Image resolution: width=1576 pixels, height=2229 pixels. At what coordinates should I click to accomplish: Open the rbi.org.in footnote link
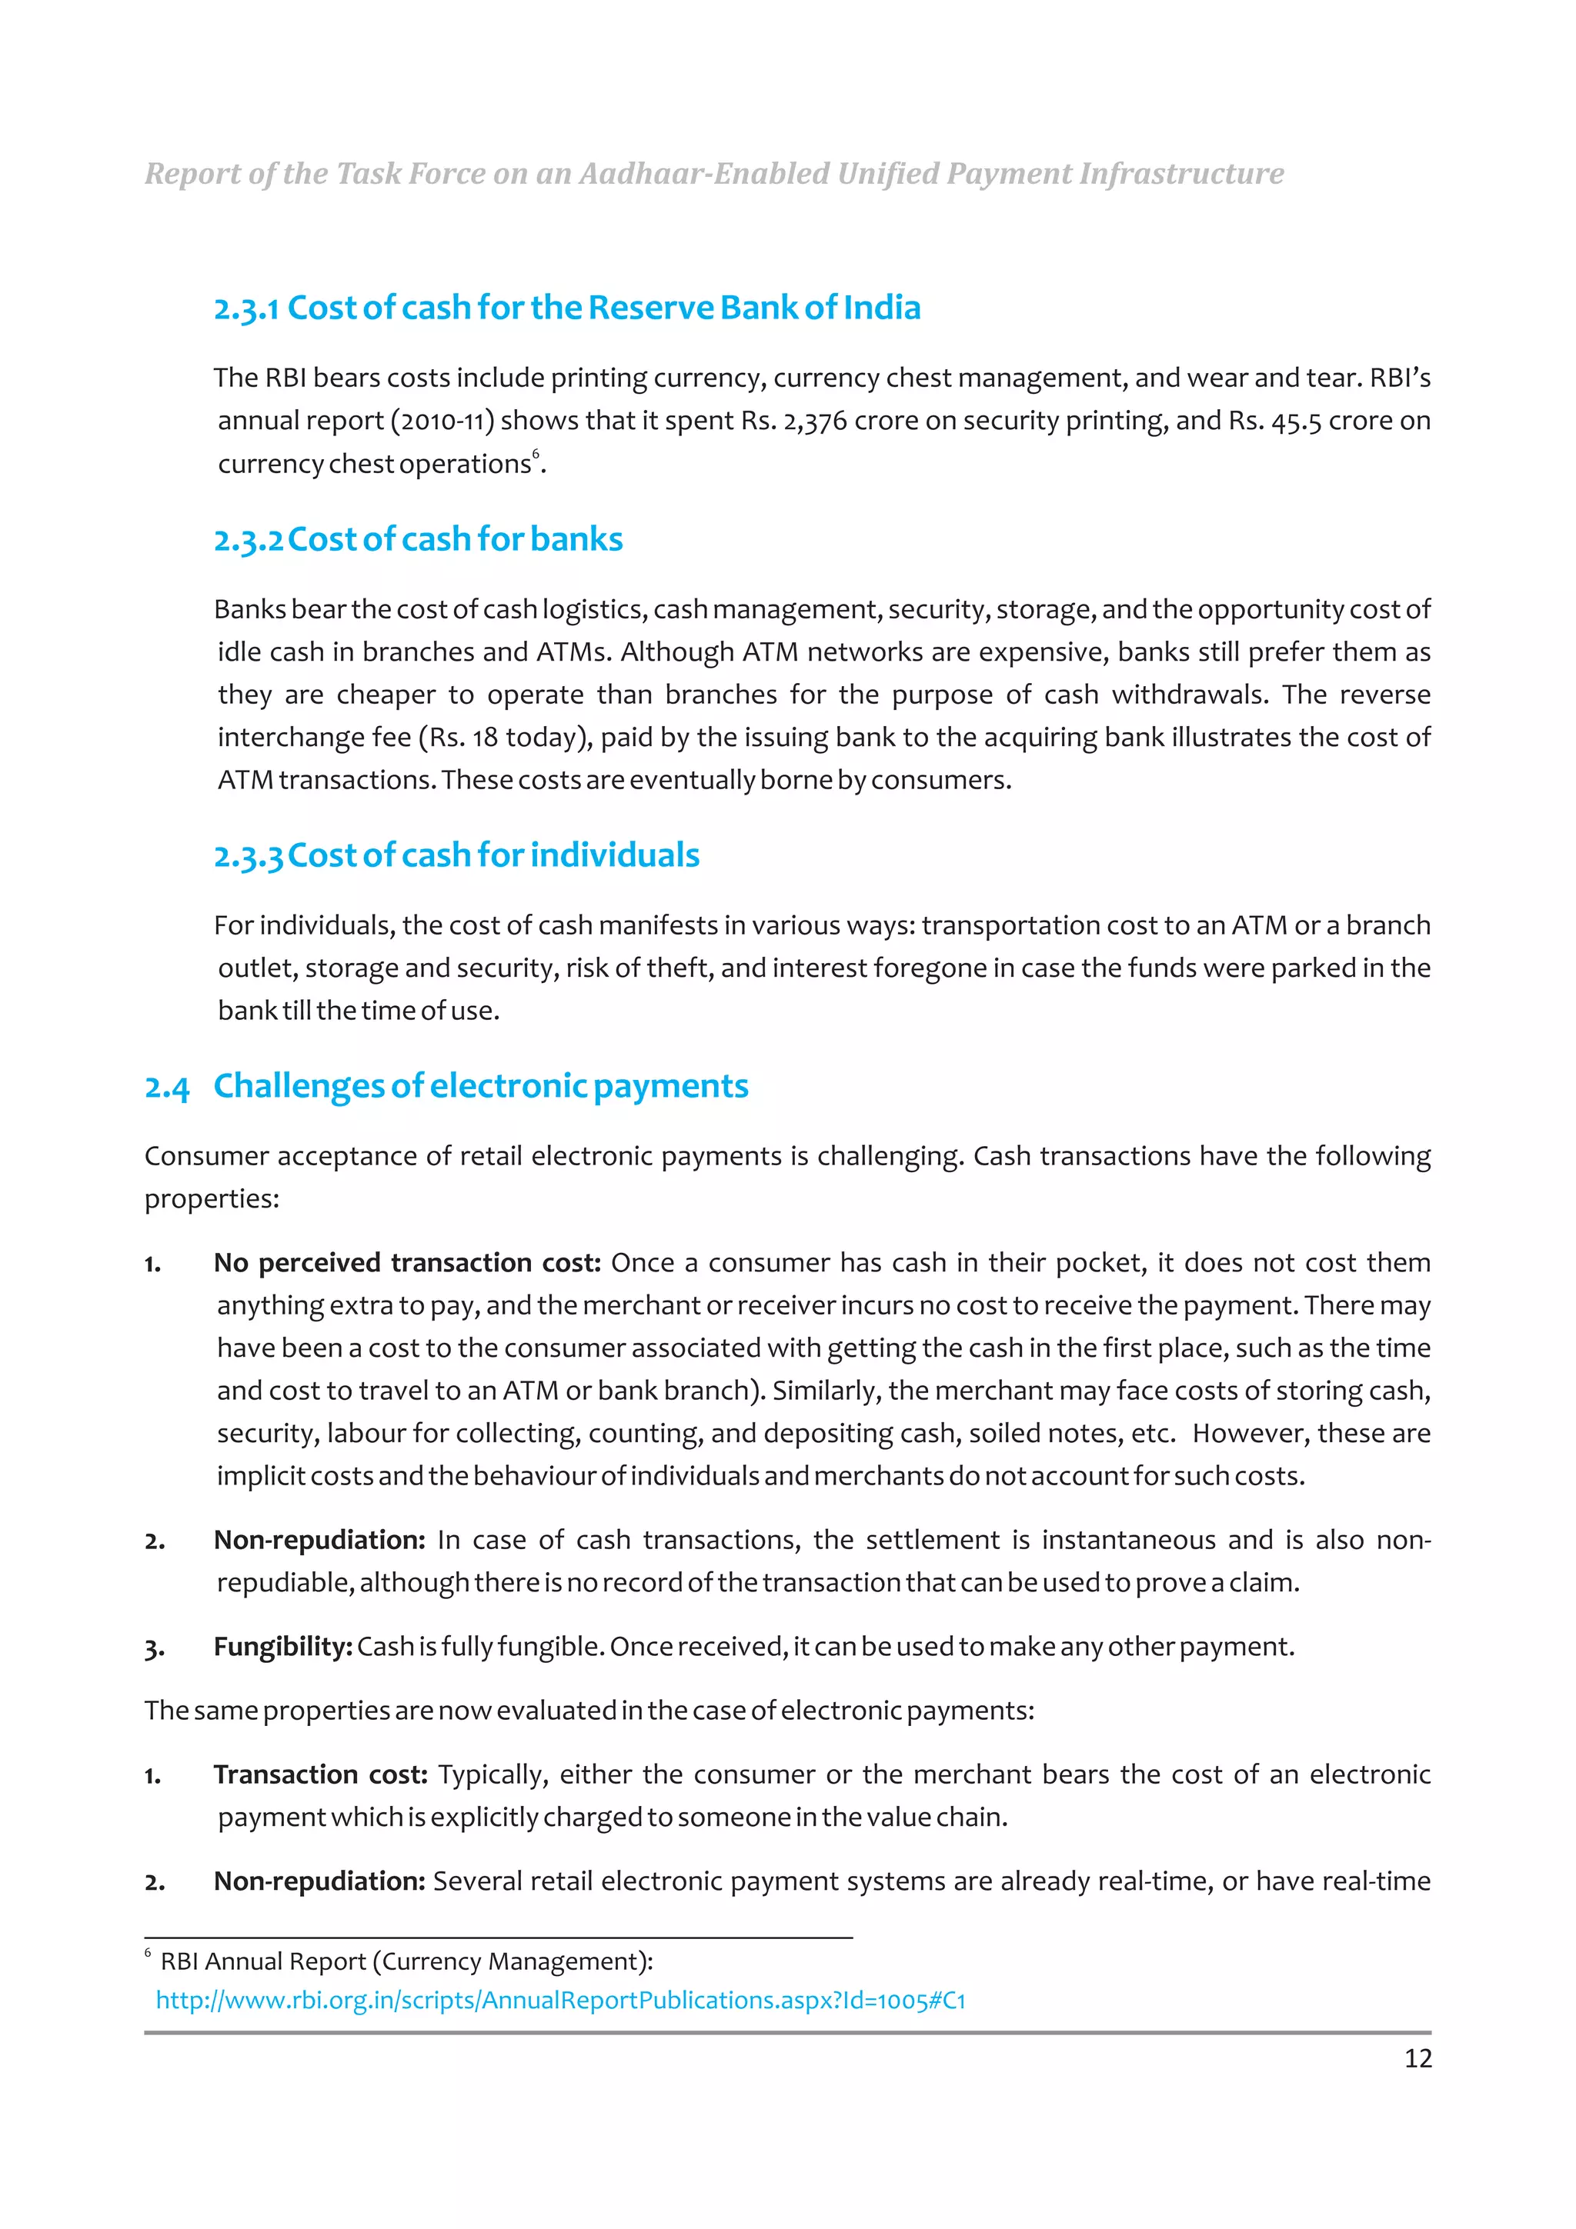[x=560, y=2000]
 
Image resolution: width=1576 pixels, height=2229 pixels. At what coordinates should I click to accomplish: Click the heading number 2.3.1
[x=247, y=308]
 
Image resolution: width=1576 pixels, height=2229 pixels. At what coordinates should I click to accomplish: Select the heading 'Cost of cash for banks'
[x=456, y=540]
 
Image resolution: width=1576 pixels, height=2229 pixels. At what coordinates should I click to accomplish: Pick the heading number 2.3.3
[x=249, y=856]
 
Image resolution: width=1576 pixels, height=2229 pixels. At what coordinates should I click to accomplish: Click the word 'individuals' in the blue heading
[x=615, y=855]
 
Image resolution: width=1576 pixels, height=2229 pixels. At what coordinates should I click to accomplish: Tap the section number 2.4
[x=167, y=1088]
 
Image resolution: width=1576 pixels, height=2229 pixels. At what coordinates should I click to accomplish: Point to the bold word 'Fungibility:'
[x=282, y=1648]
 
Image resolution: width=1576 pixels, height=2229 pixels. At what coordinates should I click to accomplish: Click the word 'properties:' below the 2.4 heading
[x=212, y=1199]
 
